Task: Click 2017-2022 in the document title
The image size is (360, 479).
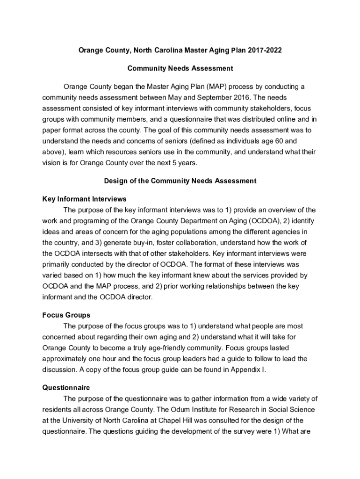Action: tap(266, 50)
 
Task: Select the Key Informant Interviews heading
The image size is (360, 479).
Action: tap(84, 199)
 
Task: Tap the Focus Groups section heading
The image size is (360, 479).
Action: tap(66, 315)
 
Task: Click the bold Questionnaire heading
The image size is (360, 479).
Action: tap(66, 388)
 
